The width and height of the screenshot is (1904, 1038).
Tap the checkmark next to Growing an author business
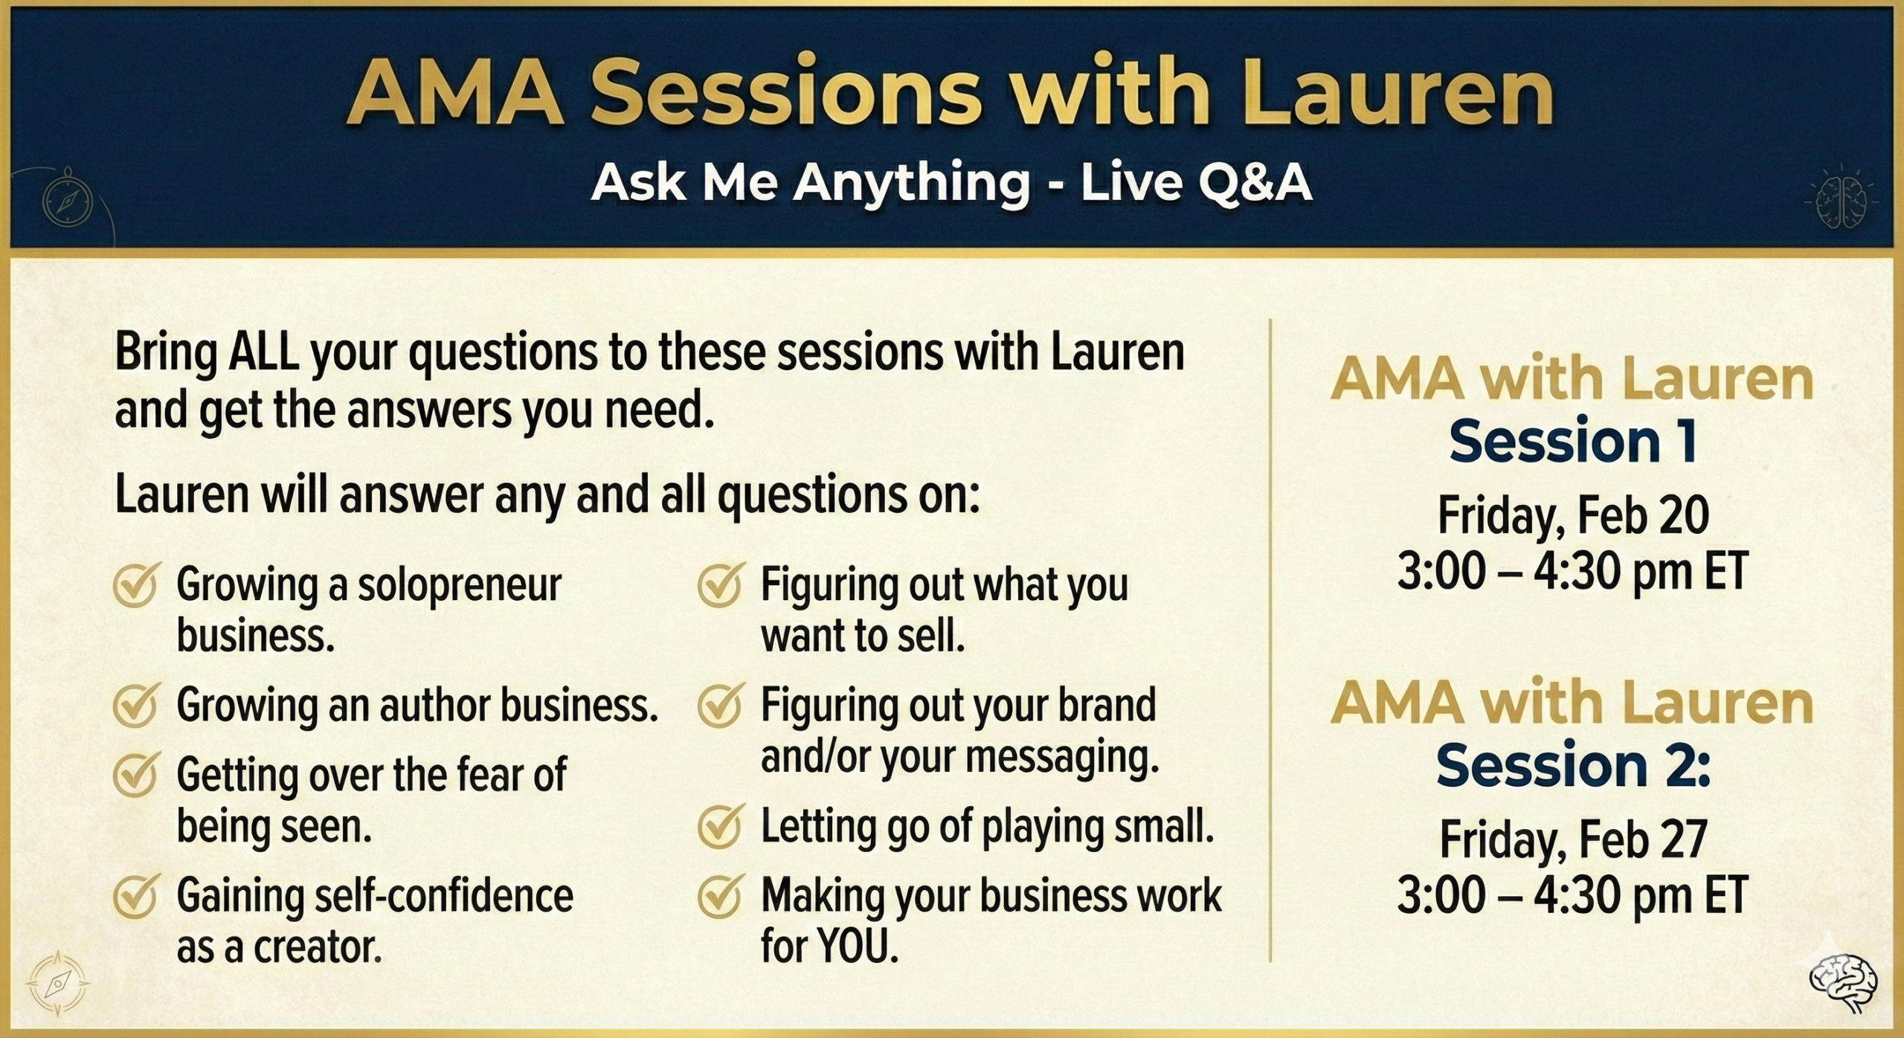(135, 706)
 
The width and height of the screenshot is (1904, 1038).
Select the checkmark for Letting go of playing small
(720, 827)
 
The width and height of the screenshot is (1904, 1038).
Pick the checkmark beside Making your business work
(720, 896)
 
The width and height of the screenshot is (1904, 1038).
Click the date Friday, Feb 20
(1573, 516)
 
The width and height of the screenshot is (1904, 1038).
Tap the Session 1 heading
(1573, 441)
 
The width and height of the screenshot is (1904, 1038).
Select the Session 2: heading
(1573, 766)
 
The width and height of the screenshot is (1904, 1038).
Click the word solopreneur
(460, 587)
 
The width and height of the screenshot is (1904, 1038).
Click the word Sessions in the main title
(784, 94)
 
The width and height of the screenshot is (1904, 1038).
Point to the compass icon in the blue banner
(68, 200)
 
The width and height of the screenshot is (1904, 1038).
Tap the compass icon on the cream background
(58, 983)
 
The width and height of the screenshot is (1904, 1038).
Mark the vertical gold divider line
(1270, 640)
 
